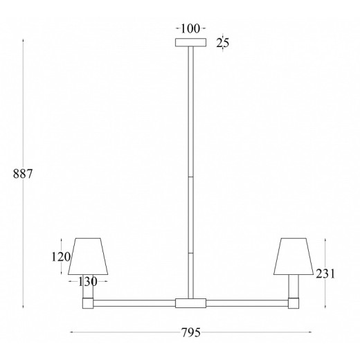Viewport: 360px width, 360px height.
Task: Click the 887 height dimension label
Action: click(x=23, y=174)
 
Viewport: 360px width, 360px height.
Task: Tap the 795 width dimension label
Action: click(x=191, y=332)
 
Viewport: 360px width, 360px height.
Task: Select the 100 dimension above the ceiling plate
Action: click(x=190, y=28)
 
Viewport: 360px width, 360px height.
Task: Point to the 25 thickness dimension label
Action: click(x=223, y=43)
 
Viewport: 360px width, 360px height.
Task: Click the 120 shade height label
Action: click(x=60, y=257)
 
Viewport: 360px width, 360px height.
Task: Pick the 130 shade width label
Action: click(x=87, y=281)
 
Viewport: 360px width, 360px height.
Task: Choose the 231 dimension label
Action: click(x=325, y=274)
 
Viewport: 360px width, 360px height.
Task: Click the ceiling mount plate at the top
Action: click(x=190, y=42)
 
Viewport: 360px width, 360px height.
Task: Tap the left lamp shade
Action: click(x=88, y=256)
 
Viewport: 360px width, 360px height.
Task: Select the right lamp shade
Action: click(x=294, y=256)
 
